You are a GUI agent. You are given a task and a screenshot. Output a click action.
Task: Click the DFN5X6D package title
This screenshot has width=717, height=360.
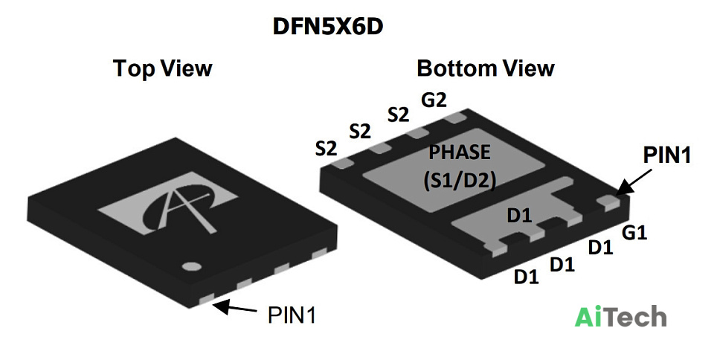click(327, 27)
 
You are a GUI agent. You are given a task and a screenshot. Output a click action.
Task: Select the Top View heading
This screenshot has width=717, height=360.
click(162, 68)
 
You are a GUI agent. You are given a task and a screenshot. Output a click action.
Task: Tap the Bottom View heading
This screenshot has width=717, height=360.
click(486, 68)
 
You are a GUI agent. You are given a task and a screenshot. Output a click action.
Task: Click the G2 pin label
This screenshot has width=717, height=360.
click(434, 100)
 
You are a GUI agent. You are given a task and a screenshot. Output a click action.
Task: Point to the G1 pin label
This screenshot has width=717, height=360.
click(634, 233)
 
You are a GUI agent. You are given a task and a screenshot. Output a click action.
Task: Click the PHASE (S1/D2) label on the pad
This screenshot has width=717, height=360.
click(460, 167)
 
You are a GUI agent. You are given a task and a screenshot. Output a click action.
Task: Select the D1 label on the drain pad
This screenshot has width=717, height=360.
click(519, 215)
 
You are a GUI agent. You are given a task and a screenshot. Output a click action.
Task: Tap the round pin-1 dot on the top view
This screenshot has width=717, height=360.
click(191, 266)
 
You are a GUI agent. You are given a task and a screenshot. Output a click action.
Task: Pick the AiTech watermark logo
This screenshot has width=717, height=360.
click(620, 317)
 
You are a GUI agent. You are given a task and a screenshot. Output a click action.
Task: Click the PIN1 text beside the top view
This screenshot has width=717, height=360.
click(292, 315)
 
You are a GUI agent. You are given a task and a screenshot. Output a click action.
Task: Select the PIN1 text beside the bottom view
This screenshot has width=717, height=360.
click(667, 155)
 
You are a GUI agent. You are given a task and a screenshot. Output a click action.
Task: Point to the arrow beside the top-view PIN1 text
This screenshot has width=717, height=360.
click(235, 307)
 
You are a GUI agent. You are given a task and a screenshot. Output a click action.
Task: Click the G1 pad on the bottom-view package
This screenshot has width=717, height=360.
click(609, 202)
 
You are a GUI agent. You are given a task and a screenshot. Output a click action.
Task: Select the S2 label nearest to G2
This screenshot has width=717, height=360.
click(398, 115)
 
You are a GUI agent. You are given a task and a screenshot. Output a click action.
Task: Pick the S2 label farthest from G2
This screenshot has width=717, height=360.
click(326, 149)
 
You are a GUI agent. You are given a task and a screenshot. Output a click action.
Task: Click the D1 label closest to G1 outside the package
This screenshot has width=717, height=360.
click(600, 248)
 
